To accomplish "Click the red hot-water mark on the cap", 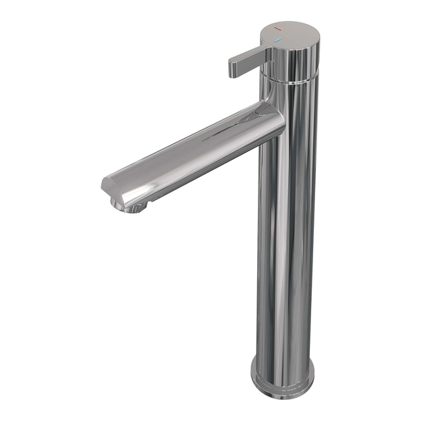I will coord(279,30).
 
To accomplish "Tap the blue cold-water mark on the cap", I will coord(278,40).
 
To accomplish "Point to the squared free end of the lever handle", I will coord(234,68).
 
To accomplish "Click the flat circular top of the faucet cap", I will coord(292,34).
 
